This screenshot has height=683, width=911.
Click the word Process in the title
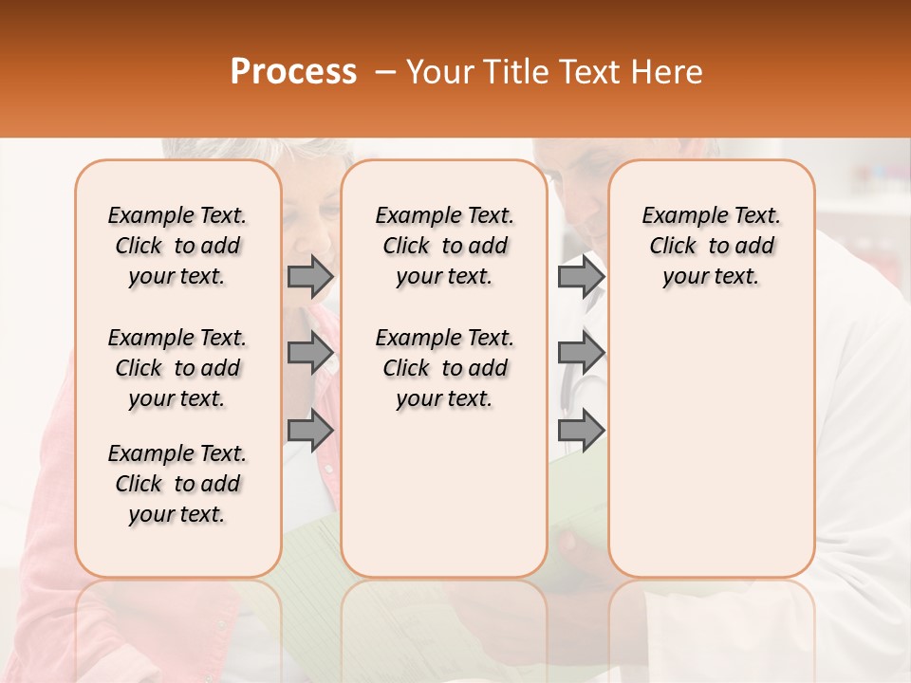[293, 72]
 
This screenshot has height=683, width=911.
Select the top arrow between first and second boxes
[309, 276]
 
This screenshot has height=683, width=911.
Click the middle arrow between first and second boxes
[309, 353]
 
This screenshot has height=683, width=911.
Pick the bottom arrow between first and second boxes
[309, 430]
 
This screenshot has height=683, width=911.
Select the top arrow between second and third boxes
[580, 276]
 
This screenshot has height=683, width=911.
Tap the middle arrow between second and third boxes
[580, 353]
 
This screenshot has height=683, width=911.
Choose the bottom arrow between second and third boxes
[580, 430]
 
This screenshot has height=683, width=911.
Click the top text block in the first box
[177, 246]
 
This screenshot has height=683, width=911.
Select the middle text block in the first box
[177, 368]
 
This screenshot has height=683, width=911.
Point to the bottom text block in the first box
[177, 484]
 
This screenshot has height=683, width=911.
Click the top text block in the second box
[444, 246]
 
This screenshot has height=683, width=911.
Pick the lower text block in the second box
[444, 368]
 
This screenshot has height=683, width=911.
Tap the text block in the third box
[712, 246]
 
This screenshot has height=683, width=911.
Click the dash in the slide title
[384, 72]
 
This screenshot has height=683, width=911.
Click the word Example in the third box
[681, 216]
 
